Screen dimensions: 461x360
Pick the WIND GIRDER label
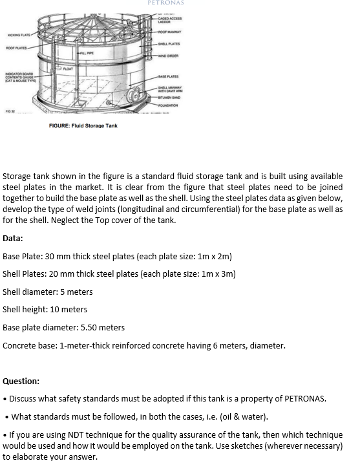pos(171,56)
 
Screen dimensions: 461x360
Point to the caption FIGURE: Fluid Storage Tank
pos(83,125)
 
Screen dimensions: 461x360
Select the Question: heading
pos(21,381)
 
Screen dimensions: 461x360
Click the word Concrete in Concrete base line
pos(19,345)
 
